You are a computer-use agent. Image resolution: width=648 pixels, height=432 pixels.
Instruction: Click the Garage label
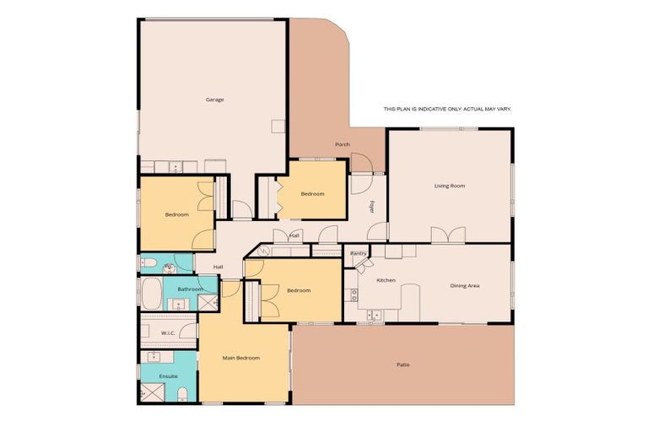coord(215,100)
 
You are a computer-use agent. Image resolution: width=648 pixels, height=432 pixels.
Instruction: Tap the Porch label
coord(343,144)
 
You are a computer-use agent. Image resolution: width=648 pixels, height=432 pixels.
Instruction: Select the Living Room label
coord(450,186)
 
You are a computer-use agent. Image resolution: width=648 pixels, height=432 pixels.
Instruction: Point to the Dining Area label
coord(464,286)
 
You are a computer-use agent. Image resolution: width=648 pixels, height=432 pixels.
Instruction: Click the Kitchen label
coord(386,280)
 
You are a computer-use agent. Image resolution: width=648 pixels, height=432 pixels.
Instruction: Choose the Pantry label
coord(359,253)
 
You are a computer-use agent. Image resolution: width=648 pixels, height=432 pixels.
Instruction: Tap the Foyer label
coord(371,206)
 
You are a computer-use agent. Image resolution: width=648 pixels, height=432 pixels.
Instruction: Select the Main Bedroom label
coord(241,358)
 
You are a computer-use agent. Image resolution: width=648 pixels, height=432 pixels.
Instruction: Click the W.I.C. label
coord(167,332)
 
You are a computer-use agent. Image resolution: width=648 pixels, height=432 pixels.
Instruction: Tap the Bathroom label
coord(190,289)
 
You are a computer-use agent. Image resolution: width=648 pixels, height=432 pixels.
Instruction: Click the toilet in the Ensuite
coord(182,392)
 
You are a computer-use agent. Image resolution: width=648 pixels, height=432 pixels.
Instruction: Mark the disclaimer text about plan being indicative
coord(447,109)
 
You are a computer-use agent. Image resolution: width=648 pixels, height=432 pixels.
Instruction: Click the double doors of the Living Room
coord(448,235)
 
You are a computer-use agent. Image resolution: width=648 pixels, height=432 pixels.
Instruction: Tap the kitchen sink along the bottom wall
coord(371,316)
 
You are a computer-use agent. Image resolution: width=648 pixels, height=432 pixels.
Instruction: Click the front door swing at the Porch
coord(361,163)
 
